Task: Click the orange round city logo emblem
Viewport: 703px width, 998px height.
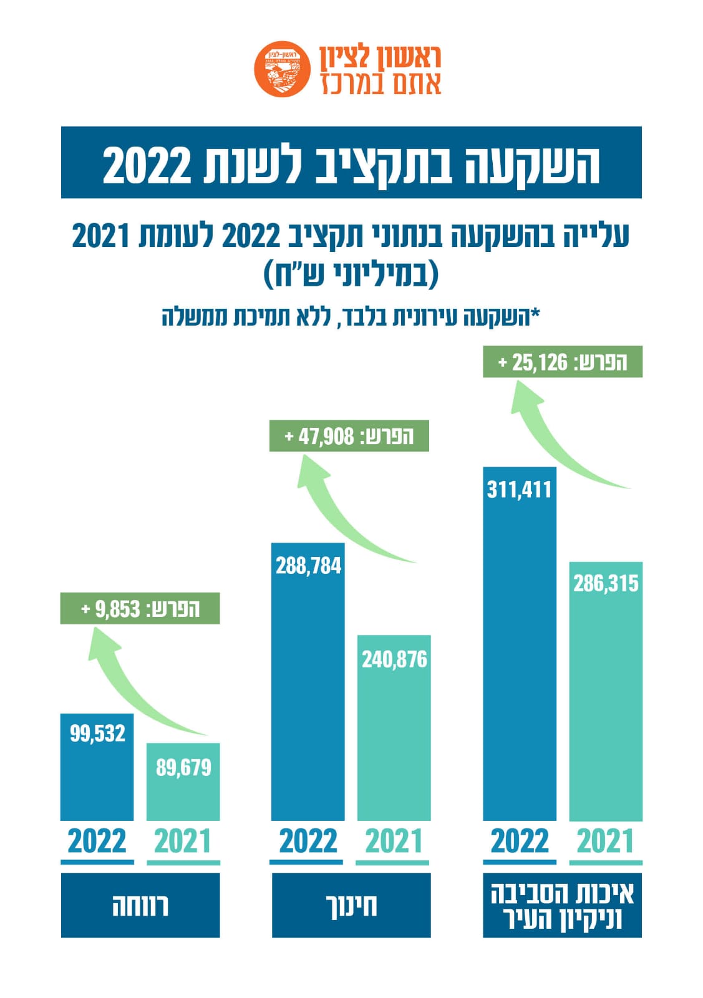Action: pyautogui.click(x=281, y=69)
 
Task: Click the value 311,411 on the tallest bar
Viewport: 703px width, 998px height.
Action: pyautogui.click(x=519, y=489)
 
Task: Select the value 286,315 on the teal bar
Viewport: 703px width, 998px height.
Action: pyautogui.click(x=606, y=584)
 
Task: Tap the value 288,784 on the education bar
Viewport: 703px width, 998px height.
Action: pyautogui.click(x=308, y=566)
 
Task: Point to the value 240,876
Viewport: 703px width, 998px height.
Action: pyautogui.click(x=394, y=659)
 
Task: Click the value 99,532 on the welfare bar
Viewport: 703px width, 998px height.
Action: pyautogui.click(x=97, y=733)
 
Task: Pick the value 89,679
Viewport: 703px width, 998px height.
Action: pyautogui.click(x=183, y=767)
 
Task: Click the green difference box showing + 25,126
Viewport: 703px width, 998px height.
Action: pyautogui.click(x=563, y=362)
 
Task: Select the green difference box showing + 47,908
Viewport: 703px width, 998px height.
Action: pyautogui.click(x=349, y=436)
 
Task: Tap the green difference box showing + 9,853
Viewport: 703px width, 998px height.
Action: pyautogui.click(x=140, y=608)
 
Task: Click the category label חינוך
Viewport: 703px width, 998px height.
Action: pyautogui.click(x=351, y=905)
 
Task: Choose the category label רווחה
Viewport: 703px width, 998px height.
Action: pyautogui.click(x=140, y=905)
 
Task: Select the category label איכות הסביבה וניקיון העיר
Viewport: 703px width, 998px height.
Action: pyautogui.click(x=562, y=905)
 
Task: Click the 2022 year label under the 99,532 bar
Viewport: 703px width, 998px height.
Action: pyautogui.click(x=97, y=841)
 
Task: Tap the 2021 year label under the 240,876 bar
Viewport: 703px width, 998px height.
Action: pyautogui.click(x=394, y=841)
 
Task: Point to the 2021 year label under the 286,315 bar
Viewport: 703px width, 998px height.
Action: pyautogui.click(x=605, y=841)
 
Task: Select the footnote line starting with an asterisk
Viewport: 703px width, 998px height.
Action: pyautogui.click(x=351, y=317)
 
